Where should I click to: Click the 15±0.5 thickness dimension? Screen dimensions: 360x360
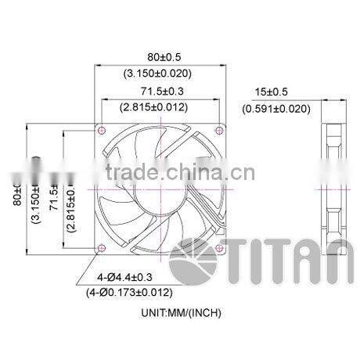click(x=275, y=92)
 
